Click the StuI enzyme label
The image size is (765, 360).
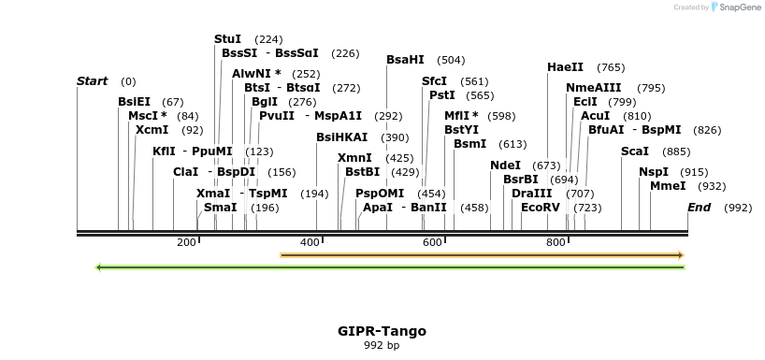click(x=227, y=39)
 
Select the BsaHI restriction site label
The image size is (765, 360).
click(x=405, y=60)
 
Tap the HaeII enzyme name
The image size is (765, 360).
click(x=565, y=67)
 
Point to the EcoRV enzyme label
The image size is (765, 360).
click(x=540, y=207)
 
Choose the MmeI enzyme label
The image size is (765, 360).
click(x=668, y=186)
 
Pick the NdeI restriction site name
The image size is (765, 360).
click(x=505, y=166)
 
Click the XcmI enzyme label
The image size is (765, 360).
click(x=152, y=130)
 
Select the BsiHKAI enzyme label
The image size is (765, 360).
click(x=341, y=137)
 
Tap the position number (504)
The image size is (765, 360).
click(x=451, y=60)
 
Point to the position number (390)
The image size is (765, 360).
click(x=395, y=137)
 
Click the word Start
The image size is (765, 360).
click(x=92, y=81)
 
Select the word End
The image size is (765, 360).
click(x=699, y=207)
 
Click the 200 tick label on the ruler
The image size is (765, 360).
click(x=186, y=242)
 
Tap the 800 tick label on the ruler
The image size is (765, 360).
click(x=556, y=242)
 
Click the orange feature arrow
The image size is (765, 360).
click(x=482, y=254)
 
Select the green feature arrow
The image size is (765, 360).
click(x=391, y=267)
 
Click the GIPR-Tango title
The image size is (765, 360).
click(x=382, y=331)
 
